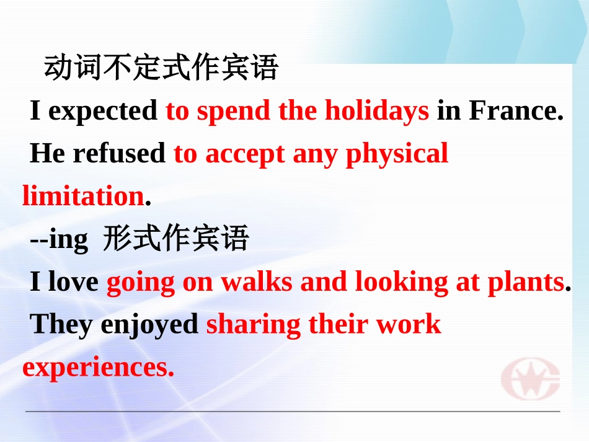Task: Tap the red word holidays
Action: pos(377,111)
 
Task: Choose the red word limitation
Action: pos(83,196)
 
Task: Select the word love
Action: pos(73,282)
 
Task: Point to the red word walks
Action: pos(257,282)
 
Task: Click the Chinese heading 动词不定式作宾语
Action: pos(161,68)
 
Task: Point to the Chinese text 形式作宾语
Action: pos(175,239)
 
